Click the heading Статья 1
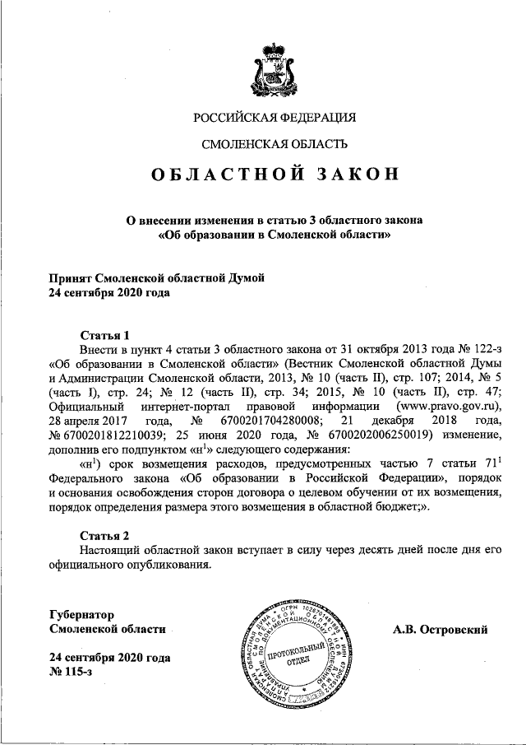pos(105,335)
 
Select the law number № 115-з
pos(71,674)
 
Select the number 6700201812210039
pos(116,435)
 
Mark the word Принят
pos(70,279)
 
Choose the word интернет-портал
pos(186,407)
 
